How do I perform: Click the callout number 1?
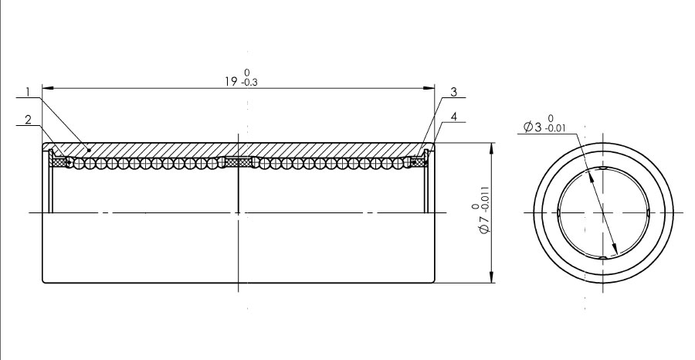click(x=28, y=92)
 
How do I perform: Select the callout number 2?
click(x=29, y=120)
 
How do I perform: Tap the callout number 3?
click(x=453, y=92)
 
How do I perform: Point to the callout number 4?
click(x=453, y=117)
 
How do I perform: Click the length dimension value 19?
click(x=232, y=82)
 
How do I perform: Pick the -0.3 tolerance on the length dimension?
click(x=249, y=83)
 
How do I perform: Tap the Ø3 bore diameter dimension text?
click(x=532, y=127)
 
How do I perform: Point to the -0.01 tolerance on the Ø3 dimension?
click(x=555, y=128)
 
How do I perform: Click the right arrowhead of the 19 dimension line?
click(x=429, y=88)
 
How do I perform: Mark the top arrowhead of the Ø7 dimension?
click(x=490, y=148)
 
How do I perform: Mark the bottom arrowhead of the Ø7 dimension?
click(x=490, y=277)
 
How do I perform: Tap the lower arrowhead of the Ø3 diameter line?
click(x=614, y=250)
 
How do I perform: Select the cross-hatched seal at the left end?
click(x=58, y=163)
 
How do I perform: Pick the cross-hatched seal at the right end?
click(x=419, y=163)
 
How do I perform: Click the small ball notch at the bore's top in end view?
click(x=603, y=168)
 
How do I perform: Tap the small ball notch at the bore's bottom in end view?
click(x=603, y=257)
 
